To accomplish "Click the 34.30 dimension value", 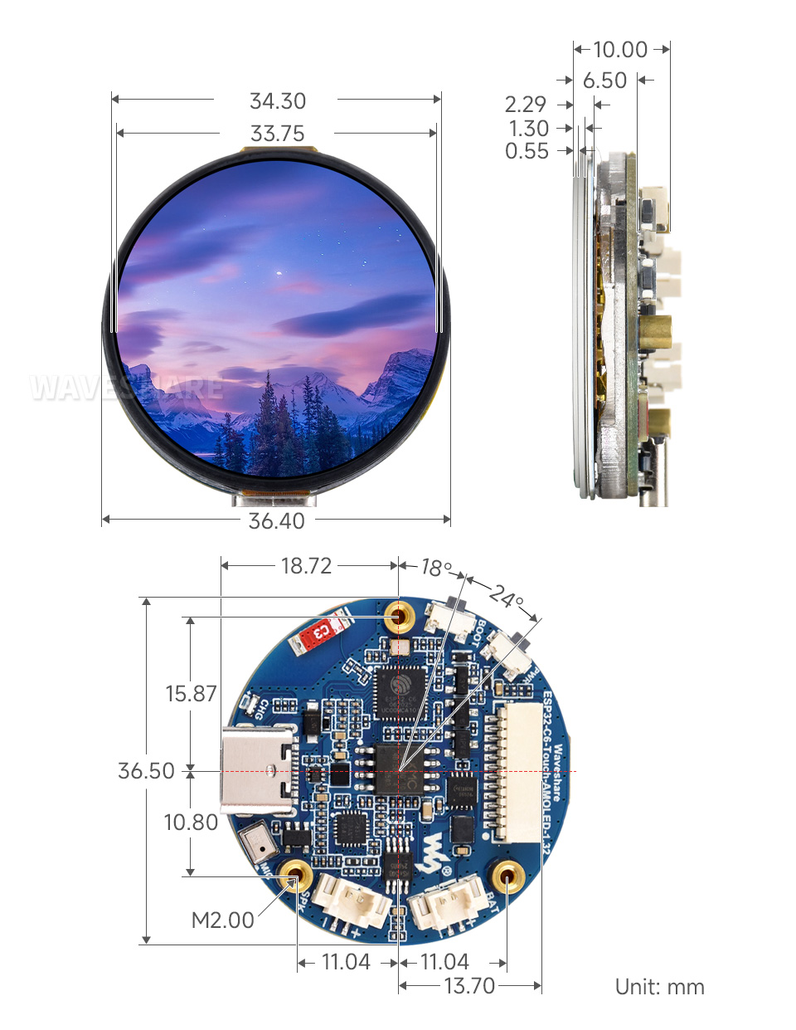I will [x=278, y=101].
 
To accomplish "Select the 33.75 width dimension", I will [x=278, y=134].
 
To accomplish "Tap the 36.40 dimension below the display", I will [x=277, y=521].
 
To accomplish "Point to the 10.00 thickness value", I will [x=620, y=50].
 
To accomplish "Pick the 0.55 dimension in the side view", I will [x=527, y=151].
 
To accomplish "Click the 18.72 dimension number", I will [x=306, y=566].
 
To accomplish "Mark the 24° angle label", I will [x=506, y=596].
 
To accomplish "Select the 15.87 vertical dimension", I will [x=191, y=694].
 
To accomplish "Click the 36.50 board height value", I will [x=146, y=771].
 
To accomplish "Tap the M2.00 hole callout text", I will [x=222, y=920].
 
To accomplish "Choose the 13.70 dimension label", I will [x=469, y=986].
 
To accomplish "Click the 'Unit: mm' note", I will [x=659, y=987].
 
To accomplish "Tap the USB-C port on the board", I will [x=259, y=770].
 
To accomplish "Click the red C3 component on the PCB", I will [x=318, y=633].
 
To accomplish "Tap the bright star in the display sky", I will [x=279, y=272].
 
